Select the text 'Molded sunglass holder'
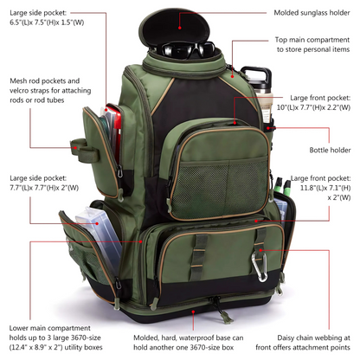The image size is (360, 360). pos(312,14)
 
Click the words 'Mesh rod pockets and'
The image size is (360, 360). pos(44,80)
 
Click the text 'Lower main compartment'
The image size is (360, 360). pos(51,328)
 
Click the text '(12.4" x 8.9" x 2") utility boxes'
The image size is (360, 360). pos(55,350)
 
